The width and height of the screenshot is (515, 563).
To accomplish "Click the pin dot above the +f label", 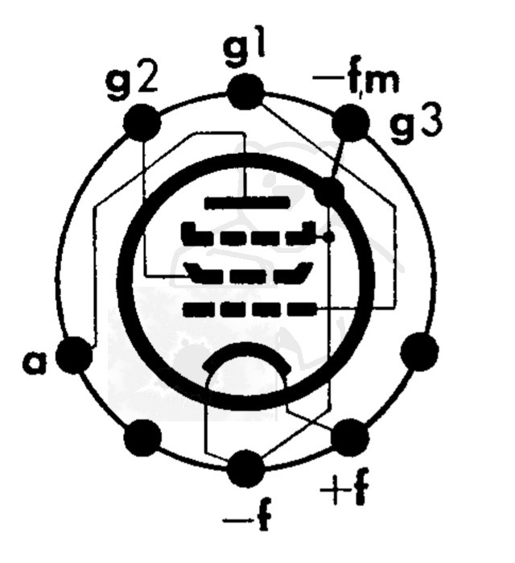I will tap(348, 437).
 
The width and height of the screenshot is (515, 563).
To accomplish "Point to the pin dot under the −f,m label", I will tap(351, 123).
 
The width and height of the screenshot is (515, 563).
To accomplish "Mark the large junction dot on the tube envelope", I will tap(330, 191).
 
